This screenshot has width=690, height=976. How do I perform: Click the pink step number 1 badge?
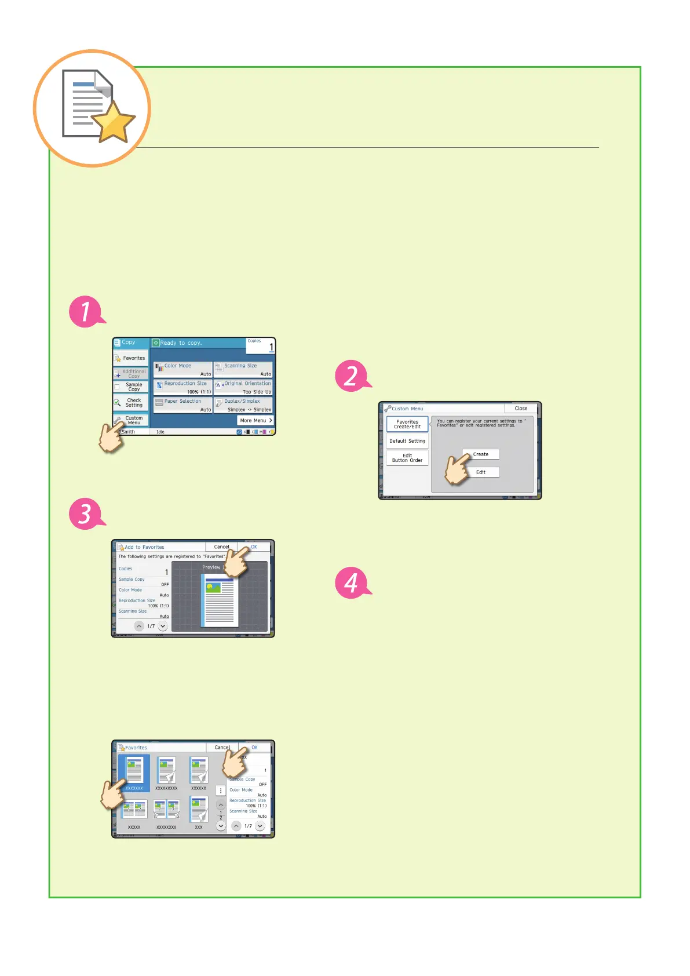[86, 312]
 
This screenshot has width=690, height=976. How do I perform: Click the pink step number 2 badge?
[351, 376]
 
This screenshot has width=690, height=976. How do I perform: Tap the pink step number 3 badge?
[86, 514]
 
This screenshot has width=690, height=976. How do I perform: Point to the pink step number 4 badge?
[351, 582]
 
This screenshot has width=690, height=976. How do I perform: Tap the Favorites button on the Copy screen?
[131, 358]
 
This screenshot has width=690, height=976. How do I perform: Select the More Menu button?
[255, 421]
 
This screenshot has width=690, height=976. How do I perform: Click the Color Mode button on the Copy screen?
[183, 370]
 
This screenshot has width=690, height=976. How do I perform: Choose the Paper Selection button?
[183, 405]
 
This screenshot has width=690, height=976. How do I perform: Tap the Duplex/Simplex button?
[243, 405]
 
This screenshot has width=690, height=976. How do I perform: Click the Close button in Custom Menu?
[521, 409]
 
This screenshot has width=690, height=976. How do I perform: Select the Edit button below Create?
[481, 472]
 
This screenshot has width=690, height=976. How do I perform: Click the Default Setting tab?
[407, 441]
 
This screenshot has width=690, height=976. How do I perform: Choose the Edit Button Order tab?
[407, 458]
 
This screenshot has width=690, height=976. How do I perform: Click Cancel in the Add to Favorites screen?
[221, 547]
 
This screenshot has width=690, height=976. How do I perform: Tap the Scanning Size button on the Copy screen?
[243, 370]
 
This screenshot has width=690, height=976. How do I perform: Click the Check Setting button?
[132, 403]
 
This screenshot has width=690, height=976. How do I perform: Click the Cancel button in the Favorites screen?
[222, 748]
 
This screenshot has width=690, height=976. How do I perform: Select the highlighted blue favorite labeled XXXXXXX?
[134, 773]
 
